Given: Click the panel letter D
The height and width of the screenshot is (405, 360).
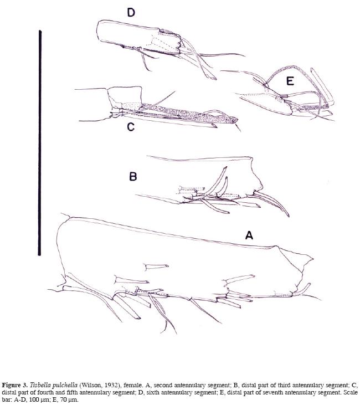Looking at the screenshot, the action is (x=131, y=12).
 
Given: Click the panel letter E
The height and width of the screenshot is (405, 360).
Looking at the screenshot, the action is (x=290, y=81).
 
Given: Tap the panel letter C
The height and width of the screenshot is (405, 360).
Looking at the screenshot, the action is (x=131, y=127).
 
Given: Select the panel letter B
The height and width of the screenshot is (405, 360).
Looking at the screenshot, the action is (x=133, y=177).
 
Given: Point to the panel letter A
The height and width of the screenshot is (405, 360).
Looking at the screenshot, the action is (x=249, y=235).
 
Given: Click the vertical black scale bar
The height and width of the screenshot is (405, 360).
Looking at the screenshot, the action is (x=39, y=143).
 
